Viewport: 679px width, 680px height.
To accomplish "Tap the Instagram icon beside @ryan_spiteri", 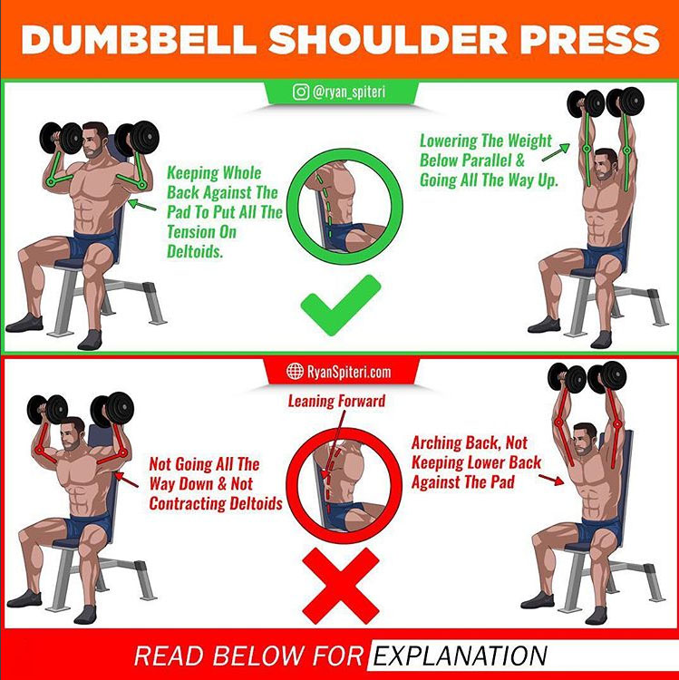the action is pyautogui.click(x=300, y=92).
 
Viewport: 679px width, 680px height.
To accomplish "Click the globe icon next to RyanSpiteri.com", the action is pyautogui.click(x=295, y=371).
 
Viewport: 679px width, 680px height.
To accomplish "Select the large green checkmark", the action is pyautogui.click(x=341, y=305).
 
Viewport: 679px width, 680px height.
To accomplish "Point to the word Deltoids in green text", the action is pyautogui.click(x=195, y=251).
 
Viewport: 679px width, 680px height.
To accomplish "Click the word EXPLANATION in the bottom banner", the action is pyautogui.click(x=460, y=656).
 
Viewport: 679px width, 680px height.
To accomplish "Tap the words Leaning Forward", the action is pyautogui.click(x=336, y=401).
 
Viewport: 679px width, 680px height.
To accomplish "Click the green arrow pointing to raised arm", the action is pyautogui.click(x=556, y=152).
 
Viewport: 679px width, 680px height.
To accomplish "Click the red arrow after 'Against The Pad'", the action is pyautogui.click(x=551, y=480).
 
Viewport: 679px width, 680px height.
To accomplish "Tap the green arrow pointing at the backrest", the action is pyautogui.click(x=142, y=205).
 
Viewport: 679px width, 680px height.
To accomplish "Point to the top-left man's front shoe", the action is pyautogui.click(x=90, y=340).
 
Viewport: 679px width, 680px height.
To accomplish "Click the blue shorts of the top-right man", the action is pyautogui.click(x=603, y=257).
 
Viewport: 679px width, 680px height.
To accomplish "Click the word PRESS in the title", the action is pyautogui.click(x=589, y=40).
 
